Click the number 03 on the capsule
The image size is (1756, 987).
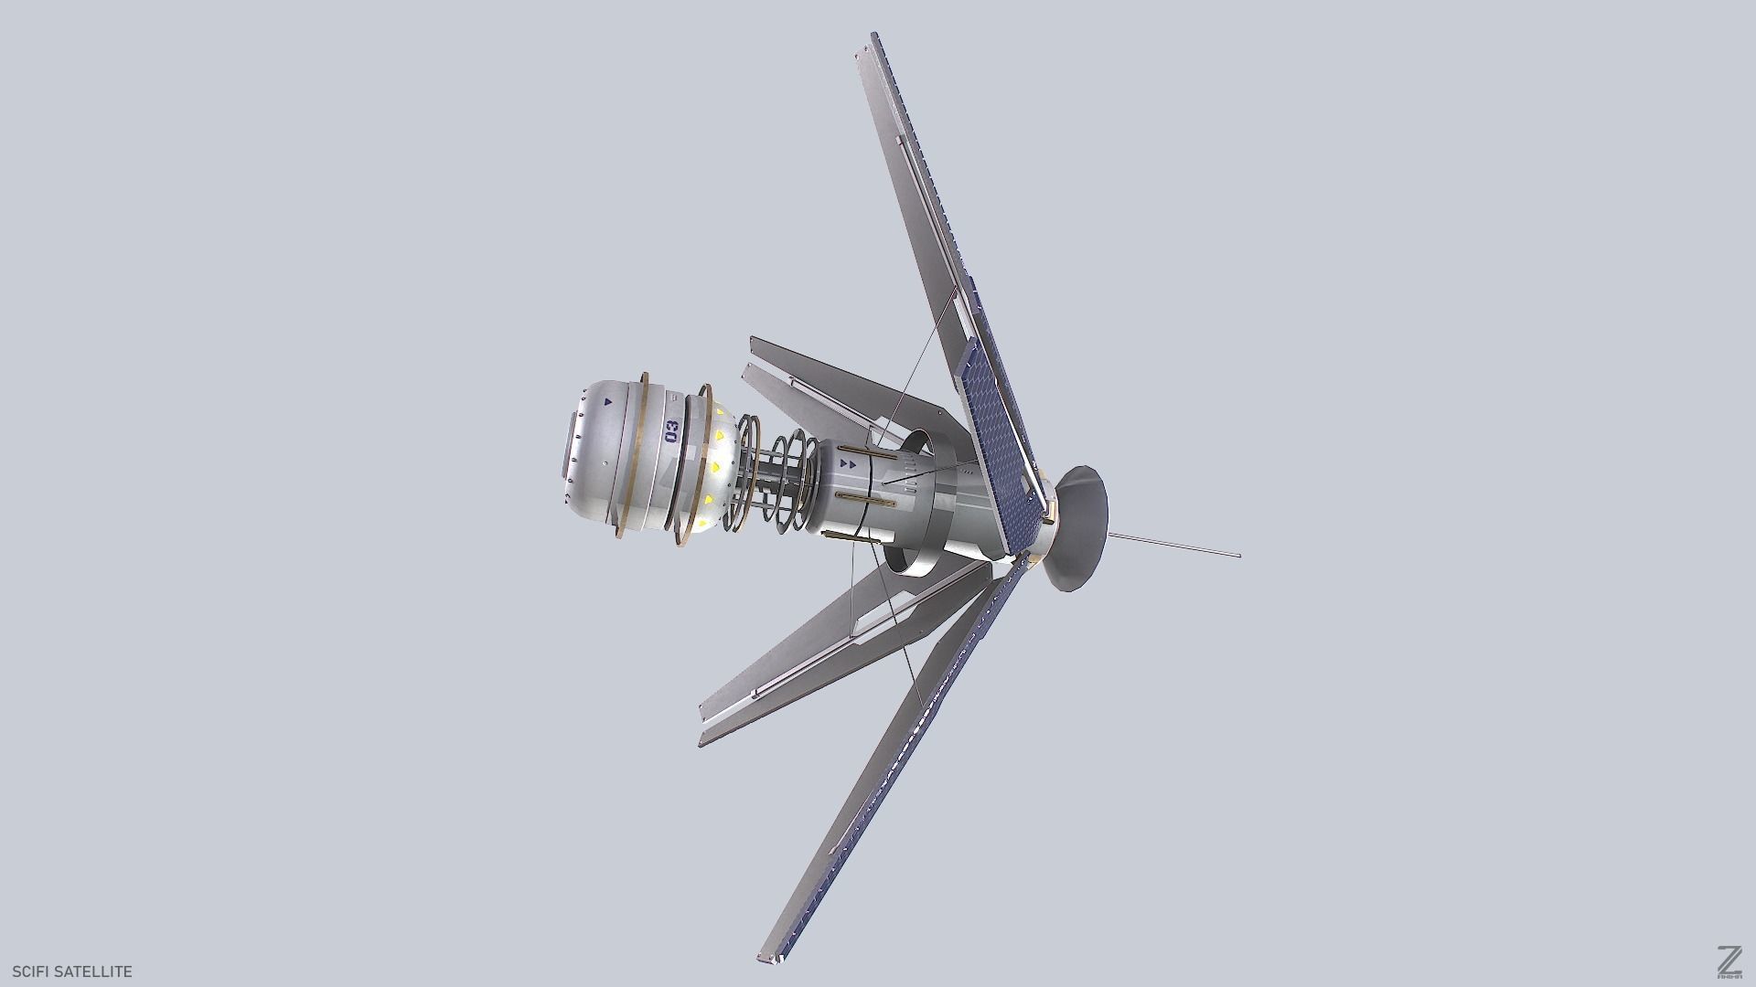672,430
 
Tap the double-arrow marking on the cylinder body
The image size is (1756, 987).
847,464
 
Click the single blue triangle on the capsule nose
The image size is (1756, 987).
606,399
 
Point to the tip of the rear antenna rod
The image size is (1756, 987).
1238,555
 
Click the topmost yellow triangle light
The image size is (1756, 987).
721,413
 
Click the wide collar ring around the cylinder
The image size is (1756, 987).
924,503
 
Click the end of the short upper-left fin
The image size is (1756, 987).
753,344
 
